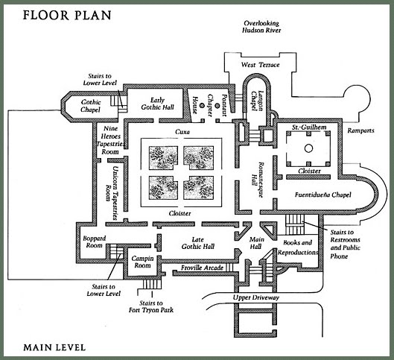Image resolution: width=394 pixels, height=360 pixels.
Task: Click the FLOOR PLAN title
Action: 67,15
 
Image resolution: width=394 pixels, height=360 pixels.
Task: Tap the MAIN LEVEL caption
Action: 54,347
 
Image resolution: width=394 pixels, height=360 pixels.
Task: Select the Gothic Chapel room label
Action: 91,106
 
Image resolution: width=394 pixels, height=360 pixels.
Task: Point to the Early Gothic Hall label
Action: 158,104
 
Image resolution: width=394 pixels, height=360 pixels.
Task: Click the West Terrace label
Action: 261,65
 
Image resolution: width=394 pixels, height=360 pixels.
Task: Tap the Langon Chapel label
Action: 258,101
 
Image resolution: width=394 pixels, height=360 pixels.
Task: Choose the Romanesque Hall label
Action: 258,180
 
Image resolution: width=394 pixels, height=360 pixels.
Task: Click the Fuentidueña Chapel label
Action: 323,195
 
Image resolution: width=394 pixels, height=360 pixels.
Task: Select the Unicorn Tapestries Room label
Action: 112,193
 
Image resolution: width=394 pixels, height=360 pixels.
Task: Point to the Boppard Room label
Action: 95,241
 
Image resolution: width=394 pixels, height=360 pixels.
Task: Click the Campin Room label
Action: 142,262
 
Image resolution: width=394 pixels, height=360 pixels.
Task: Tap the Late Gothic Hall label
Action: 198,243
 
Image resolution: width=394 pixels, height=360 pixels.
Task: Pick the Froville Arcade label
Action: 203,268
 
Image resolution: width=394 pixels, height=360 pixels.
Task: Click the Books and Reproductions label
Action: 298,247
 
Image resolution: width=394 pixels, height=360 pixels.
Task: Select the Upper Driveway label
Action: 256,297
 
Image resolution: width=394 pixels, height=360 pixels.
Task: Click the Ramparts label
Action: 360,130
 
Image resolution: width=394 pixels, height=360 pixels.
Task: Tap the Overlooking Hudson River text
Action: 261,27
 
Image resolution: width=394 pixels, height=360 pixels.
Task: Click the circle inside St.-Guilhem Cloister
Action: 308,148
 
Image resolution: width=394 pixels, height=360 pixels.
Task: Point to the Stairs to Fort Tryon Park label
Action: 151,306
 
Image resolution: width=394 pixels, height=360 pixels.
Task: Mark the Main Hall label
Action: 256,243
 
